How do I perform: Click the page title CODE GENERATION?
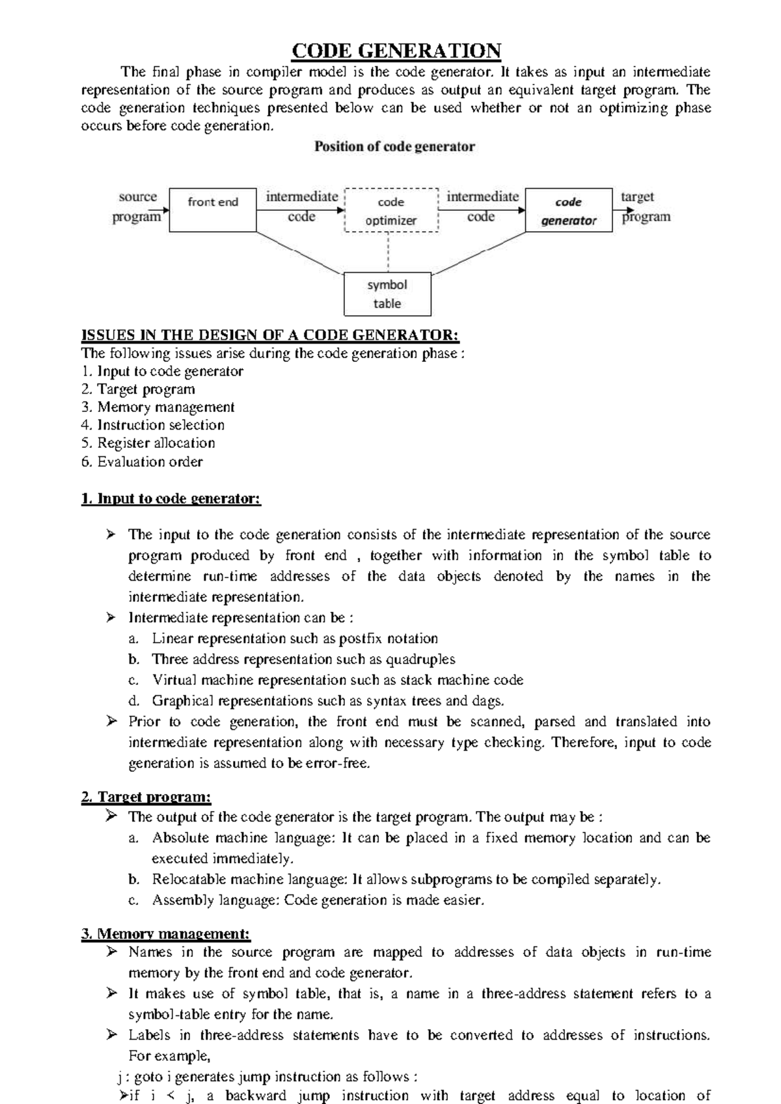click(x=396, y=51)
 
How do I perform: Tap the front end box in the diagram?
click(x=213, y=210)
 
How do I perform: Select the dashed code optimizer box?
click(x=390, y=210)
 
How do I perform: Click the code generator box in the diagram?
click(x=568, y=210)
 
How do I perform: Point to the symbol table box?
click(x=387, y=294)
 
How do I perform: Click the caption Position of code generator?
click(x=394, y=147)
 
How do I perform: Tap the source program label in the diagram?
click(x=137, y=206)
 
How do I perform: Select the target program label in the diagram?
click(x=644, y=206)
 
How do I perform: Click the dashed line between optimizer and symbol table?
click(x=388, y=253)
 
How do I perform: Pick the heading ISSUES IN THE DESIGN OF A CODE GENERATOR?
click(x=270, y=335)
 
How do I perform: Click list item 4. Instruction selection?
click(x=153, y=425)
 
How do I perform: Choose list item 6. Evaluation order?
click(x=142, y=462)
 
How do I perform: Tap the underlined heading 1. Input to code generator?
click(x=171, y=499)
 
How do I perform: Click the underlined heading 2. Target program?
click(x=146, y=797)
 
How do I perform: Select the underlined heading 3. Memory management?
click(x=166, y=934)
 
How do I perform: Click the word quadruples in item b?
click(x=420, y=659)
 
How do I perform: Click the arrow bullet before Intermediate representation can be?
click(x=111, y=617)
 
